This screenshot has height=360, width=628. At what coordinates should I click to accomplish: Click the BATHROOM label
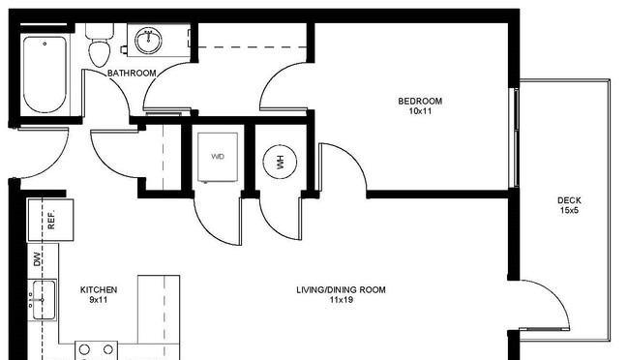tap(132, 74)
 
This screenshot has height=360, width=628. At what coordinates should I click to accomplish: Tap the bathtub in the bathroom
tap(45, 75)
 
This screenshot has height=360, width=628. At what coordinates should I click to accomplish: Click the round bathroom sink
tap(148, 42)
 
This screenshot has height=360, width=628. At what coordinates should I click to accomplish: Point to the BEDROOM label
tap(420, 102)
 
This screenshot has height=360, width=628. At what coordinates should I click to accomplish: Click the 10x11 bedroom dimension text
tap(420, 112)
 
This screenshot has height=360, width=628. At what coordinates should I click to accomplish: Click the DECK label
tap(569, 201)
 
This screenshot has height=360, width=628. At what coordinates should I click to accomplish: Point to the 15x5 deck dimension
tap(569, 212)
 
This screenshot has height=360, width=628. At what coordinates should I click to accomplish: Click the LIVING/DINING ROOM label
tap(341, 289)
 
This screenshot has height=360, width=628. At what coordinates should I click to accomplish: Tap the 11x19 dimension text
tap(341, 300)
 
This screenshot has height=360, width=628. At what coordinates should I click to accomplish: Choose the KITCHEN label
tap(98, 289)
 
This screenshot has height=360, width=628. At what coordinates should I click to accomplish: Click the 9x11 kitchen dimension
tap(98, 300)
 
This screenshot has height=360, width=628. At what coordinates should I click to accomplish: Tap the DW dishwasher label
tap(38, 258)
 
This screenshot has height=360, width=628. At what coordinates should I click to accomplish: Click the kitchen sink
tap(42, 301)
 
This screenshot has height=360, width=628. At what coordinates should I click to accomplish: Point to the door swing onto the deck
tap(545, 305)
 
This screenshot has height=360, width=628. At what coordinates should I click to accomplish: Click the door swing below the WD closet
tap(217, 220)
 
